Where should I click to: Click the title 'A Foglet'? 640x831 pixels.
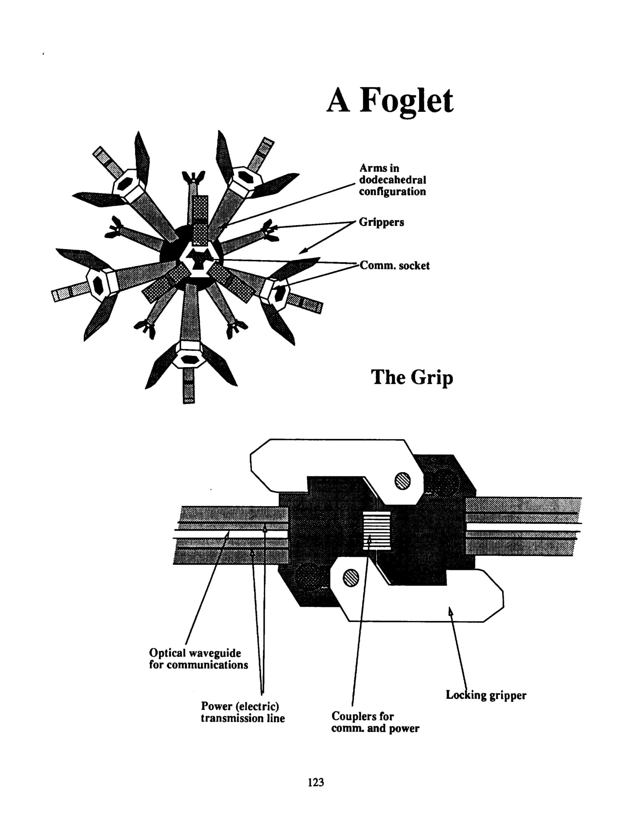click(390, 100)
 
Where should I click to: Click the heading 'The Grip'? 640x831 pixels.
click(412, 378)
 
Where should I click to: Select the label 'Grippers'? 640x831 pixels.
click(381, 222)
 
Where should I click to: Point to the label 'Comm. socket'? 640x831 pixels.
click(395, 266)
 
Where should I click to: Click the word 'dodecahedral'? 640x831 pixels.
click(392, 179)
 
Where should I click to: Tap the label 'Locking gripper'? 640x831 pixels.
click(486, 695)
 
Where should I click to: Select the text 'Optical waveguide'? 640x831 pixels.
click(195, 653)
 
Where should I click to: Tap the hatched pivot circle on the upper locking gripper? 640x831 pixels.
click(403, 480)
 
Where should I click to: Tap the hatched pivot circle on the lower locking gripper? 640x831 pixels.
click(351, 577)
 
